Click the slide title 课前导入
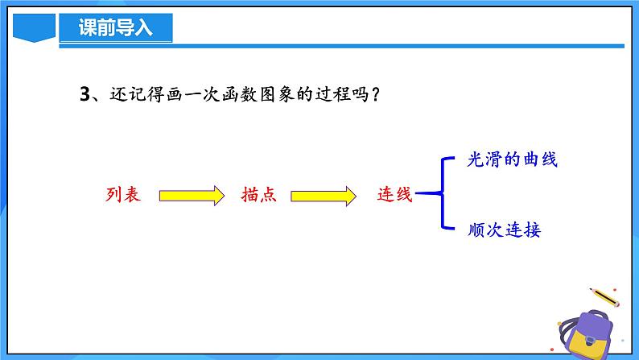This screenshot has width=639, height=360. tap(115, 28)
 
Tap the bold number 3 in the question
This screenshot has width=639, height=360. tap(85, 94)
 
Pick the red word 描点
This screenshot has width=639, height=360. tap(258, 195)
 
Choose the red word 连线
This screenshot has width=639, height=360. tap(394, 195)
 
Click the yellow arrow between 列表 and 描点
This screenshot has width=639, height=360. tap(191, 196)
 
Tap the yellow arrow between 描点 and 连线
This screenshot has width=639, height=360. tap(323, 196)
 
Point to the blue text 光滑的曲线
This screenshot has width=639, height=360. tap(512, 159)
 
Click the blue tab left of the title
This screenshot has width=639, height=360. tap(35, 30)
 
